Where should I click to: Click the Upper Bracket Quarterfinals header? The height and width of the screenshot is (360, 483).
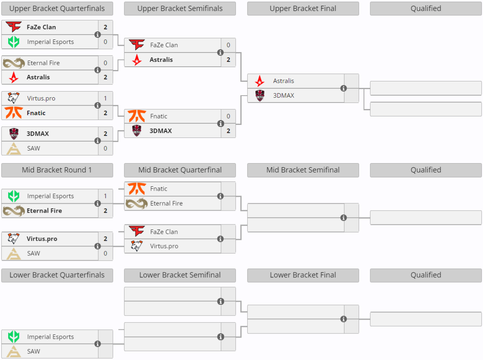point(57,9)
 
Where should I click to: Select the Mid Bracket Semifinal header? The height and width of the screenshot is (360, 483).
point(303,170)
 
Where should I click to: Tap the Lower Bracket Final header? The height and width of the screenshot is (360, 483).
point(303,275)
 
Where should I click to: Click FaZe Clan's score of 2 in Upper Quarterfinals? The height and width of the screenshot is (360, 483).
point(105,27)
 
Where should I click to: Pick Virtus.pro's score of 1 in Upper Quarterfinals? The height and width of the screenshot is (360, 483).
point(105,98)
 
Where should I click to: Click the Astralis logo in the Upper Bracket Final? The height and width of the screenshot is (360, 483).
point(260,81)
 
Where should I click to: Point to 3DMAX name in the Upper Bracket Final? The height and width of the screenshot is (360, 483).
point(283,96)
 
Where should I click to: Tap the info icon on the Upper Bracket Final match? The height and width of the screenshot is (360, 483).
point(344,88)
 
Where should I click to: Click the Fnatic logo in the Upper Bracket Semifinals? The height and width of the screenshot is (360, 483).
point(137,116)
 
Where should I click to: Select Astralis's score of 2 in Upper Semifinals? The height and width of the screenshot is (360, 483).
point(228,60)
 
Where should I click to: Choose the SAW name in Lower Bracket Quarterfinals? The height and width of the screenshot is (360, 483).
point(34,351)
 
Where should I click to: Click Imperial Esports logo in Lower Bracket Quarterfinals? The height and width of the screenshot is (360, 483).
point(14,337)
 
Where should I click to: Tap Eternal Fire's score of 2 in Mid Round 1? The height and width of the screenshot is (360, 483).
point(105,211)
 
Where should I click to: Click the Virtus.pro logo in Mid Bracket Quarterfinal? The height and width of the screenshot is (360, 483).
point(137,246)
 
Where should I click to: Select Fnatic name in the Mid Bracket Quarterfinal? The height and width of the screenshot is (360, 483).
point(159,189)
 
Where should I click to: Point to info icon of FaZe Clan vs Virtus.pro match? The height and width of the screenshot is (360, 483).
point(220,239)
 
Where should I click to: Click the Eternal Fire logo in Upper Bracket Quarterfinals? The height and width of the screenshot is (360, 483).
point(14,63)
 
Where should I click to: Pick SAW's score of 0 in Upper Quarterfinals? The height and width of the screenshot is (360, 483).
point(105,148)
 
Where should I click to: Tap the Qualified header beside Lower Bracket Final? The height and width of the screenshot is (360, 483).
point(426,275)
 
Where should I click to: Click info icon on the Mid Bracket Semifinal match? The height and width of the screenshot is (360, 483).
point(344,218)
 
